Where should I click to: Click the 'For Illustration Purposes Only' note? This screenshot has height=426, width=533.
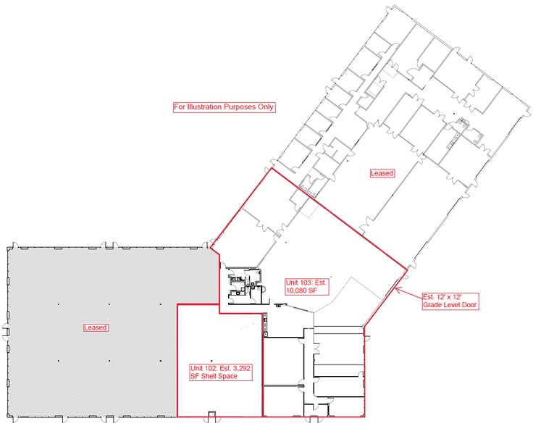coord(224,107)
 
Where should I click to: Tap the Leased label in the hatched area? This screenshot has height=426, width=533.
coord(95,327)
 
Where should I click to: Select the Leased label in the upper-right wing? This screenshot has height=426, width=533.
coord(382,173)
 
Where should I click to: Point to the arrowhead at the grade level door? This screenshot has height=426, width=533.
coord(396,290)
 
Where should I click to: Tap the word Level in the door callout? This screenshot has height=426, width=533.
coord(453,305)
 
